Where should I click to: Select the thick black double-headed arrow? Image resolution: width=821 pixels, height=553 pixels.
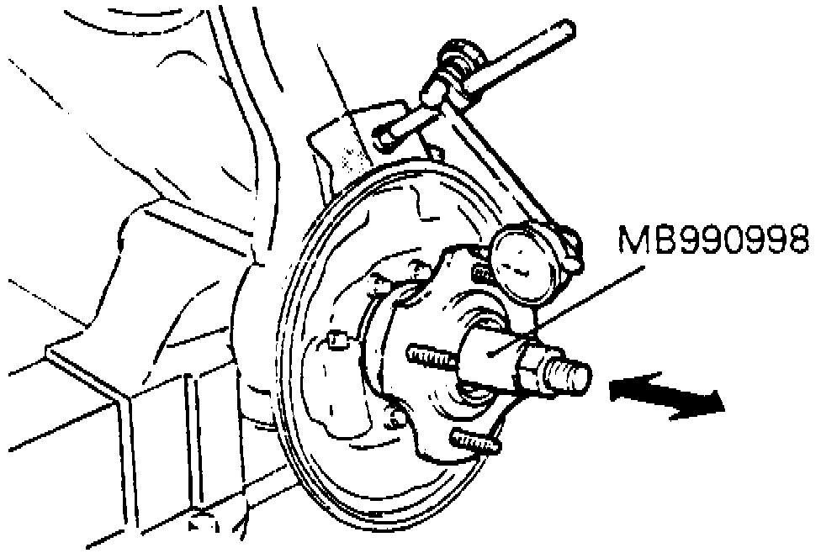pos(666,396)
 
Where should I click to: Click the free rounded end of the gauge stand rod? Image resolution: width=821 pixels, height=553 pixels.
pos(566,30)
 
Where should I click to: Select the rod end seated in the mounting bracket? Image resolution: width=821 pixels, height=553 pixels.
pos(384,136)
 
